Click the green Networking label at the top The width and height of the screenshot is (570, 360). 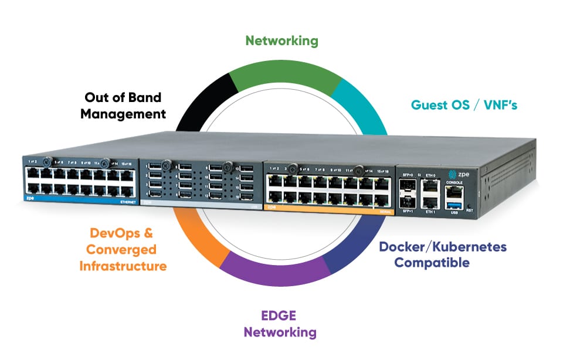(x=281, y=40)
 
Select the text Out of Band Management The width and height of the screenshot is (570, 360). (x=123, y=106)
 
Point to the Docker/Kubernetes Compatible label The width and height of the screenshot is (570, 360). (x=443, y=254)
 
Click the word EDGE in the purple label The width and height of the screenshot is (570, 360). (x=280, y=317)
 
